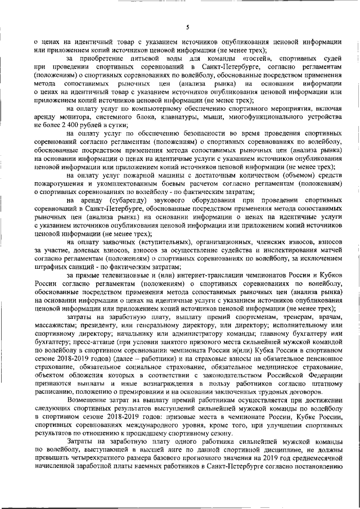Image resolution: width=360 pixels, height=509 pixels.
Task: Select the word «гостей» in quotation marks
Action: tap(253, 58)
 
